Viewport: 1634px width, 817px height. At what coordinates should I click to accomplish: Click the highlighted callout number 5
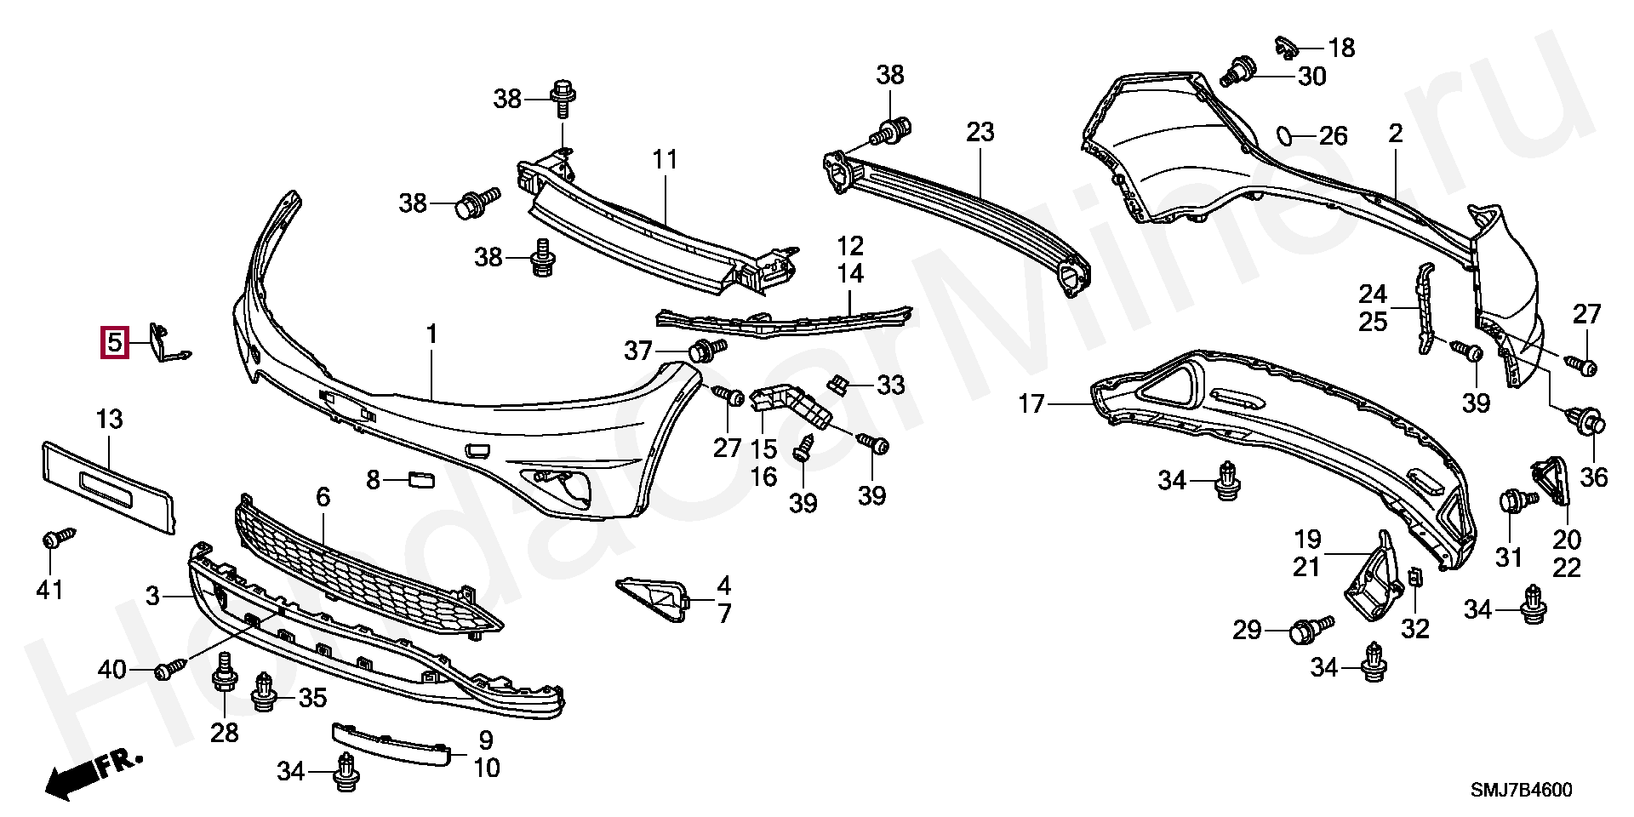pyautogui.click(x=114, y=343)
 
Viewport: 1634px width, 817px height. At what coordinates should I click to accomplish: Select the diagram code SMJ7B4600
pyautogui.click(x=1522, y=790)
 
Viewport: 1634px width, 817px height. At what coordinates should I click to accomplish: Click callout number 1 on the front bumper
pyautogui.click(x=431, y=335)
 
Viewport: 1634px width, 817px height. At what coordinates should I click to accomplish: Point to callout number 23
pyautogui.click(x=980, y=133)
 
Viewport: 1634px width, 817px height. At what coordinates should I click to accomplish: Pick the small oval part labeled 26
pyautogui.click(x=1285, y=134)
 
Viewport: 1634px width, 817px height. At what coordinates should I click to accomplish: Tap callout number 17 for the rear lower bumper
pyautogui.click(x=1031, y=404)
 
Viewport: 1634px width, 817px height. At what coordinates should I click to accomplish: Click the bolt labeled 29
pyautogui.click(x=1305, y=631)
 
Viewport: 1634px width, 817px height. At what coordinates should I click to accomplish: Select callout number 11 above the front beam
pyautogui.click(x=665, y=159)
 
